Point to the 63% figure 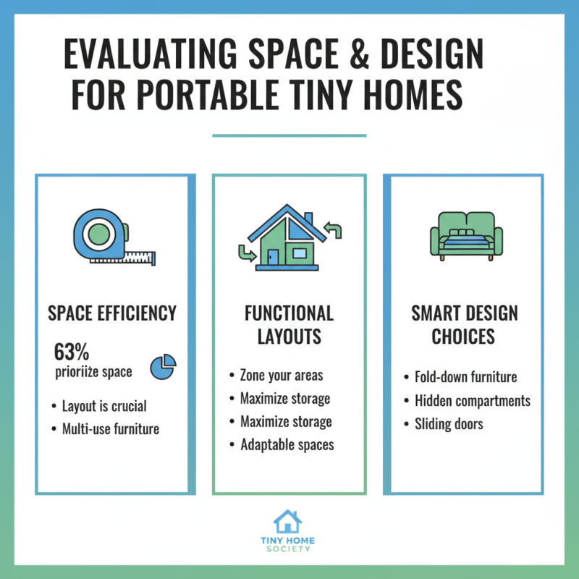tap(72, 352)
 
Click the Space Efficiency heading tap(112, 313)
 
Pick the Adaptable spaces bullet tap(287, 444)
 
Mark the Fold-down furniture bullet tap(465, 378)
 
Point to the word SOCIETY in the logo tap(287, 549)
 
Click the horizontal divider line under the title tap(289, 135)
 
